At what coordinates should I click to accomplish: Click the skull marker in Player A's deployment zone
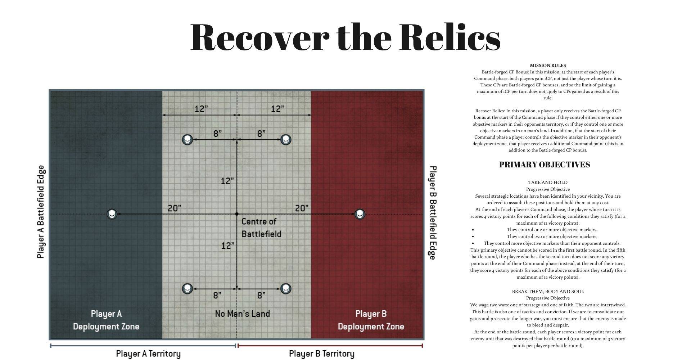112,214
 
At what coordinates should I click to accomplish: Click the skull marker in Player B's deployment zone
360,214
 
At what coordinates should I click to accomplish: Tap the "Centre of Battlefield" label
261,228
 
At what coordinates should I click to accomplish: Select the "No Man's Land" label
243,314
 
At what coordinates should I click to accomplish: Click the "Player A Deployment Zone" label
106,320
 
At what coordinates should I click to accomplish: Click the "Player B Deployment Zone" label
371,320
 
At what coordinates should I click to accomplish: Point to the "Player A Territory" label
148,354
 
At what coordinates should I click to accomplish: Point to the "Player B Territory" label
322,354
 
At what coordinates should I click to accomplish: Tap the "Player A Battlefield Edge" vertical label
41,212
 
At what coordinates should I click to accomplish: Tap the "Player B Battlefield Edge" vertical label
432,212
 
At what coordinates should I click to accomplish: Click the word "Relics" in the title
450,37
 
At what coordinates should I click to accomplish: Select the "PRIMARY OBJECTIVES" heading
545,165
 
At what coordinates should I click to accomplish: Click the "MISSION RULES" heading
548,66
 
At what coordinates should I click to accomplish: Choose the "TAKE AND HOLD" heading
548,183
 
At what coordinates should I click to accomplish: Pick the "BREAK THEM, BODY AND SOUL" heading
548,292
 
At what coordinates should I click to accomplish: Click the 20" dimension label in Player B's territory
302,208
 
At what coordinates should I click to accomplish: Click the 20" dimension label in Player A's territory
174,208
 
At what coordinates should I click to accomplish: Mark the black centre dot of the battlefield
236,214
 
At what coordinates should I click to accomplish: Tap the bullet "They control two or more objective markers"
552,237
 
